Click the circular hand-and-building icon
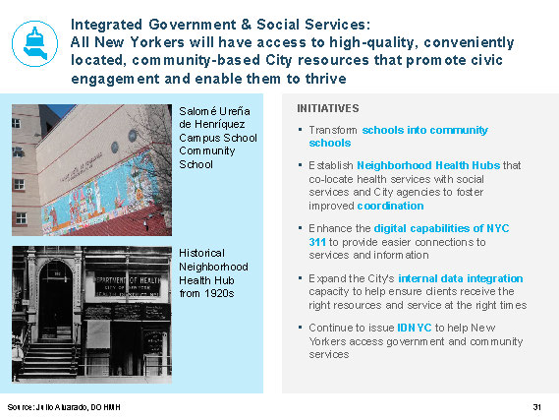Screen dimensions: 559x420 coord(34,44)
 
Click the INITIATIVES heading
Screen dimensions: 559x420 coord(328,108)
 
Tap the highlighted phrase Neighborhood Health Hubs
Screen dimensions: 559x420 coord(428,165)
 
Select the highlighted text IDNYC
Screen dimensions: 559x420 coord(415,328)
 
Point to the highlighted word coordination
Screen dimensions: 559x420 coord(390,206)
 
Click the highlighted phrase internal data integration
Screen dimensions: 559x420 coord(460,278)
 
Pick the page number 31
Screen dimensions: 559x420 coord(537,407)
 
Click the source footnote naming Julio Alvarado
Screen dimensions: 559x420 coord(64,407)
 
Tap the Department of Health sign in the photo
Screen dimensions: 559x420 coord(127,284)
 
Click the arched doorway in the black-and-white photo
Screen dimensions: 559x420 coord(55,300)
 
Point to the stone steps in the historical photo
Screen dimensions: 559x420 coord(48,359)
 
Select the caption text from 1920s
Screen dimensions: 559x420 coord(206,293)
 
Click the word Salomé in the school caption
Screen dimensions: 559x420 coord(197,111)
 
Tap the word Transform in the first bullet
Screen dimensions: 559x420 coord(333,130)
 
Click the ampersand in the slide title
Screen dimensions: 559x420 coord(246,25)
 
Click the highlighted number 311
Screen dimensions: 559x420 coord(317,242)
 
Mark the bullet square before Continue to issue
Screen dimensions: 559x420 coord(301,327)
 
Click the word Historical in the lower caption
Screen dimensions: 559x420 coord(201,253)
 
